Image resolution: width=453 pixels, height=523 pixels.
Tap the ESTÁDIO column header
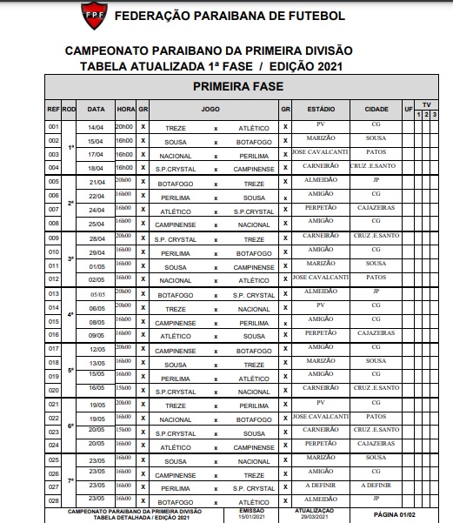pos(315,110)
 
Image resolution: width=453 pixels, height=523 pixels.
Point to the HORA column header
pos(126,110)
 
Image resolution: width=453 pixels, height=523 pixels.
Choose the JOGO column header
pos(210,110)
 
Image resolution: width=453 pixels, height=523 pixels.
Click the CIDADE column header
pos(376,110)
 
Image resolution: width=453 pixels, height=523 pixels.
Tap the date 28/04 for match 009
pos(97,238)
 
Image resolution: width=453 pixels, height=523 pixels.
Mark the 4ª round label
pos(70,313)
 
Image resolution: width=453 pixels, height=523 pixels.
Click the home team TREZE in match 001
pos(175,128)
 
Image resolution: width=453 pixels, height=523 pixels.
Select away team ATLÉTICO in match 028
pos(255,502)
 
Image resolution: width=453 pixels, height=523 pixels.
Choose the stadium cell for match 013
pos(315,292)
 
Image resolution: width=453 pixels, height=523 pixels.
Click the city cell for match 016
pos(376,333)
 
